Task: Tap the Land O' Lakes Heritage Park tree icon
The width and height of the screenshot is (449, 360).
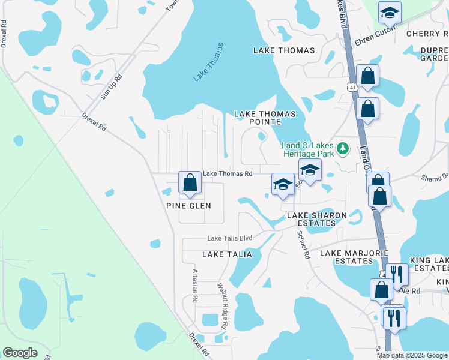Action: point(343,148)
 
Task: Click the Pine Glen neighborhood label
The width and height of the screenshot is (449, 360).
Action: point(188,206)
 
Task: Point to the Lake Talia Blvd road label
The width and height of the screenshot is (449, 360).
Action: point(230,238)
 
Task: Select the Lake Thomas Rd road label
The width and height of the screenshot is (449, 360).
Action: point(228,174)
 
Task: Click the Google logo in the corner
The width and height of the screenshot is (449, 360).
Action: point(20,353)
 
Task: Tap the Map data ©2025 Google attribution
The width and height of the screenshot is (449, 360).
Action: point(411,355)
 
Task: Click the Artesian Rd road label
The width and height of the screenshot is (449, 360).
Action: point(195,285)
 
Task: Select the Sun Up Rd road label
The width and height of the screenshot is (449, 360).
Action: point(111,86)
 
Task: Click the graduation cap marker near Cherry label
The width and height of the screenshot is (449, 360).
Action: point(390,13)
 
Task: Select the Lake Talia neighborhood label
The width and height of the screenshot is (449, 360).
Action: point(227,254)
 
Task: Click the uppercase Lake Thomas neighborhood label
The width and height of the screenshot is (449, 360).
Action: point(280,50)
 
